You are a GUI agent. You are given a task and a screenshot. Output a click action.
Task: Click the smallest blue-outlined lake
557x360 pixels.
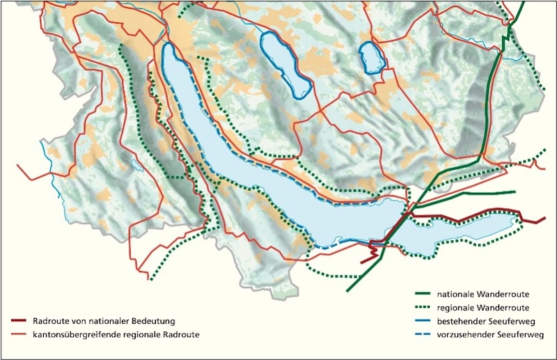372,58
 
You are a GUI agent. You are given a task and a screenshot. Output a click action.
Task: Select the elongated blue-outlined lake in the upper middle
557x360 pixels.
285,64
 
